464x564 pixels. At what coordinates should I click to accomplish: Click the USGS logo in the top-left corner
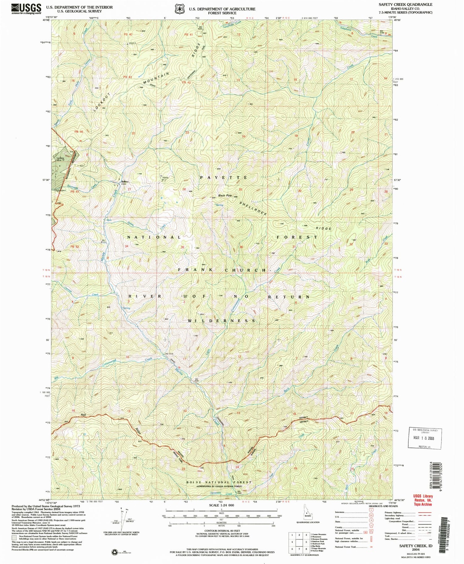26,9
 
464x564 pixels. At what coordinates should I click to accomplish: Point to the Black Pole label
225,196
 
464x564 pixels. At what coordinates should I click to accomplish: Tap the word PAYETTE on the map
223,177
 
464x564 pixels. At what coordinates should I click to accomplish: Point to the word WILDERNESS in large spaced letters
222,321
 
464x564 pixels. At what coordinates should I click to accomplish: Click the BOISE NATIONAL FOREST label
219,482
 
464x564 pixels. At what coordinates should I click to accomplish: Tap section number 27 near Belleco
130,189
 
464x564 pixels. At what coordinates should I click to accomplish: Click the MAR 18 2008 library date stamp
425,438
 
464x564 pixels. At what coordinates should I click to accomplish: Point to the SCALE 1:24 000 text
222,505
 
